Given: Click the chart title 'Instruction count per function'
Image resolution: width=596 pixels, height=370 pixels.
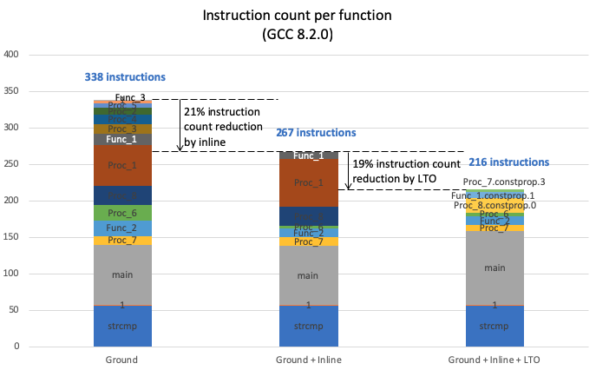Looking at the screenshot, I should (x=298, y=16).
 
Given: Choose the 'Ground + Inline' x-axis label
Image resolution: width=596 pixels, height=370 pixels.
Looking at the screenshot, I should (x=309, y=359).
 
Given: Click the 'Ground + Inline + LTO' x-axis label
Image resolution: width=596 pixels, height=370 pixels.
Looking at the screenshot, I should (x=494, y=359).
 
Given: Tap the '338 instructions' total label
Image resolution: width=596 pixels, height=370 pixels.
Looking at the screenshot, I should (x=125, y=77).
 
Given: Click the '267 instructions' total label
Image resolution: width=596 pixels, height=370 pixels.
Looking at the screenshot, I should (x=316, y=133).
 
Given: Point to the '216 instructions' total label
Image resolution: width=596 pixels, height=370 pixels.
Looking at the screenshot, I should (x=508, y=162).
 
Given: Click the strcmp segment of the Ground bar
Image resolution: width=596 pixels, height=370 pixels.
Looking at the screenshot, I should (x=122, y=327).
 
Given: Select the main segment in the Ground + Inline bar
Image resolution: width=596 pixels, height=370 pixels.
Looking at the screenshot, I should (x=309, y=275).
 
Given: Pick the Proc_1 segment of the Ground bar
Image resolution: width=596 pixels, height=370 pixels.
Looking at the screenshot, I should (x=122, y=165).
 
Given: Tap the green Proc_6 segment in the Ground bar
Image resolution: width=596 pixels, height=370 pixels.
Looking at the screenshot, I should (x=122, y=213).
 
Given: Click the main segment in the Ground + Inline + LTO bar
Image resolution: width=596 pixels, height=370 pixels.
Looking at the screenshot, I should (x=494, y=268).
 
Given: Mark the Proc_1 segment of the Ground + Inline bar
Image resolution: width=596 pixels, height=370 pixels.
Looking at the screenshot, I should (x=309, y=183).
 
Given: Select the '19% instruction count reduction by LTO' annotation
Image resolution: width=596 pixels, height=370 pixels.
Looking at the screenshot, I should (x=403, y=170).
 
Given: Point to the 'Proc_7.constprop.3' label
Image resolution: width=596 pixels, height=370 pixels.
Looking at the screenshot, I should (x=510, y=182).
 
